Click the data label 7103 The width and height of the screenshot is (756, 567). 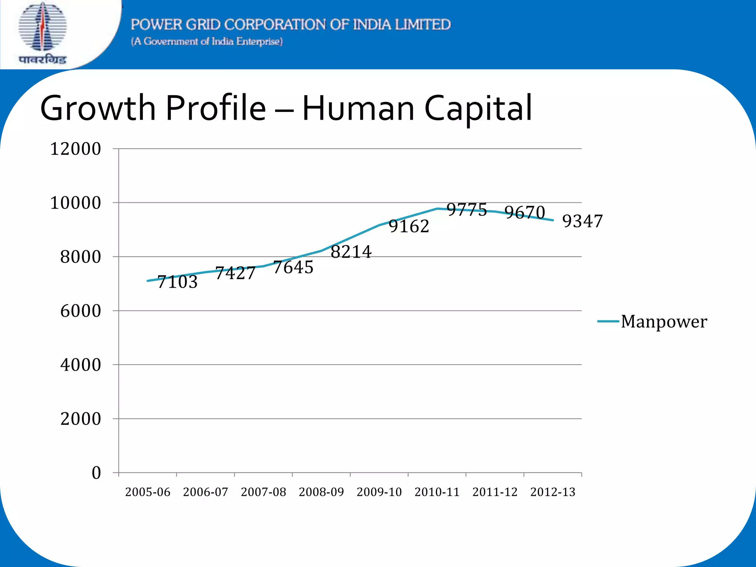[x=178, y=282]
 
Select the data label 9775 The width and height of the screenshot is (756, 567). [x=467, y=210]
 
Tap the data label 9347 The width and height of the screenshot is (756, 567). [x=582, y=221]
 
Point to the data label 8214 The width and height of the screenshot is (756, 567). [x=351, y=252]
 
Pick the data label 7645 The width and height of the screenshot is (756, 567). [x=293, y=267]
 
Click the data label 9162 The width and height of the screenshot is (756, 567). [x=409, y=226]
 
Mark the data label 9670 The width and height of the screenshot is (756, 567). [x=525, y=213]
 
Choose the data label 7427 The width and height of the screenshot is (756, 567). [x=235, y=273]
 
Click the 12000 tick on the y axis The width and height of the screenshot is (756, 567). [x=75, y=149]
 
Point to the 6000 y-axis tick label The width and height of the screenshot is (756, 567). [x=80, y=311]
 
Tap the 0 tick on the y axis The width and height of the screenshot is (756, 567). [x=96, y=473]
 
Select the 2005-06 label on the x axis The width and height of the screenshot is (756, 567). [x=148, y=492]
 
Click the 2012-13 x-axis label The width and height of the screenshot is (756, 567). [x=553, y=492]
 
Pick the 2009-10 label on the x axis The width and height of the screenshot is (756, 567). [x=379, y=492]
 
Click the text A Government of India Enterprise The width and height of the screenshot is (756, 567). [x=207, y=41]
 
